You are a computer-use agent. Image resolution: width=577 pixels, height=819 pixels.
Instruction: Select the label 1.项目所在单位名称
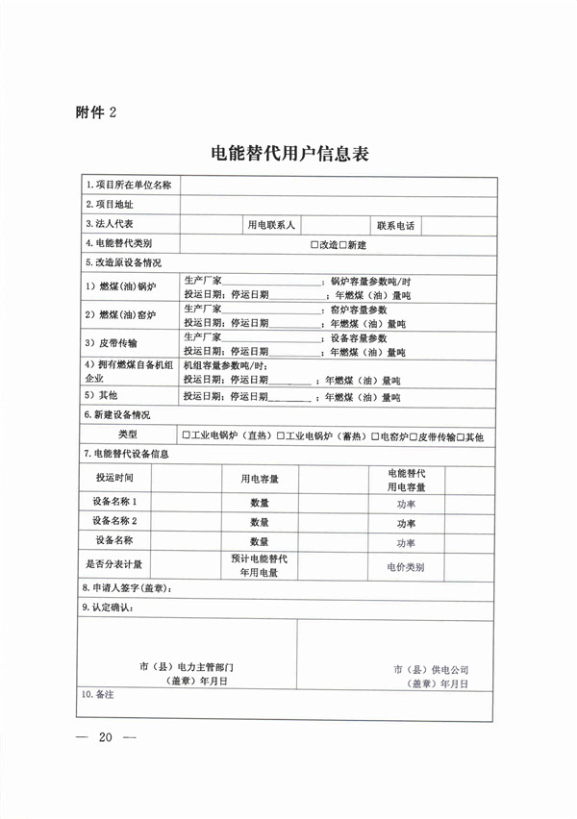pyautogui.click(x=128, y=185)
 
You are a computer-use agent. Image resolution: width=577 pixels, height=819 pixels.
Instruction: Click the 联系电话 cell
pyautogui.click(x=395, y=225)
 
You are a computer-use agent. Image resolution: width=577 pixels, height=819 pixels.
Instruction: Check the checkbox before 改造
pyautogui.click(x=314, y=245)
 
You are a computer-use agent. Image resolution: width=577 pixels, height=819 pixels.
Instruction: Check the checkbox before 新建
pyautogui.click(x=341, y=245)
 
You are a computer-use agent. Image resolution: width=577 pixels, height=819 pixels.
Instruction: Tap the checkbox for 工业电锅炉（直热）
pyautogui.click(x=187, y=436)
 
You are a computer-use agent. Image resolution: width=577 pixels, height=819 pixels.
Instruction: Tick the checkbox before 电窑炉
pyautogui.click(x=376, y=436)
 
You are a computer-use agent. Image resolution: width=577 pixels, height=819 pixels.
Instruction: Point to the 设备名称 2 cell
pyautogui.click(x=114, y=521)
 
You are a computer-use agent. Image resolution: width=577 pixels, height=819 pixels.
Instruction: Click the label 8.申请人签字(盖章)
pyautogui.click(x=134, y=588)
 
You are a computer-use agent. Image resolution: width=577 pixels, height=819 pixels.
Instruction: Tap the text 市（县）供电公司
pyautogui.click(x=430, y=667)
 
